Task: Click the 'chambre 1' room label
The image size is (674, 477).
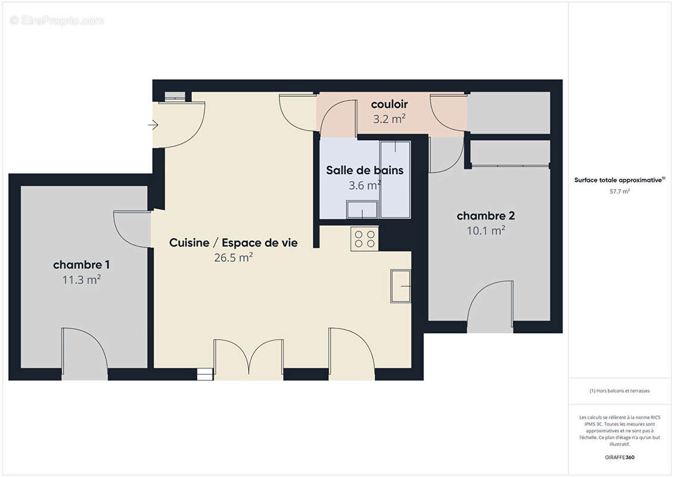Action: (81, 265)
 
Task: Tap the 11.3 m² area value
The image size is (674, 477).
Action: (81, 279)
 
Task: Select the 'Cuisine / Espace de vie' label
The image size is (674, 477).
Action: (233, 243)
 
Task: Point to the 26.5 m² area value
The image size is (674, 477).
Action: (233, 258)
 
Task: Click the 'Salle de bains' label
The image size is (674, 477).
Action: (364, 171)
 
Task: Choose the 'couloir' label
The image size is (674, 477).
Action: (389, 105)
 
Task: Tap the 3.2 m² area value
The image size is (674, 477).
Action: (389, 119)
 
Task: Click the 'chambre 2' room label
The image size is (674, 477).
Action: (486, 216)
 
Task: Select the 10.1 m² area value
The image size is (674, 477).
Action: (486, 230)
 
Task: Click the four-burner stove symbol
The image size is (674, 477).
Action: (365, 238)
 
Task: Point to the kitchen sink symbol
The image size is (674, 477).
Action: (401, 286)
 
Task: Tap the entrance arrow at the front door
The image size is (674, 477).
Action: (153, 125)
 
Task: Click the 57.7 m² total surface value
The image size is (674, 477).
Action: (620, 191)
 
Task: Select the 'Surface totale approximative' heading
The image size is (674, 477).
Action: (619, 179)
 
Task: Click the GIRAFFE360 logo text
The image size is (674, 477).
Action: (620, 457)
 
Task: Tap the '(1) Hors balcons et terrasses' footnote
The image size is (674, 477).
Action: (620, 391)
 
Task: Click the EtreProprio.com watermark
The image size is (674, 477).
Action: (57, 21)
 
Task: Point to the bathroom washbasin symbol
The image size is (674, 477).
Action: (362, 210)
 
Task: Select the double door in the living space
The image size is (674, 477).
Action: (249, 360)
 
